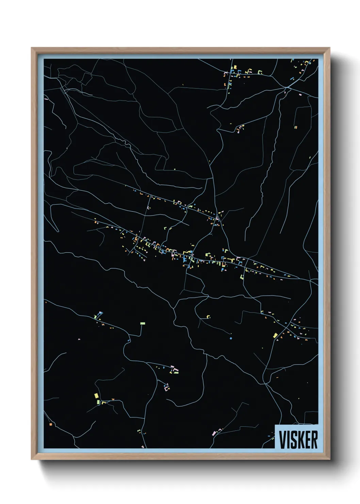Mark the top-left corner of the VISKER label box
coord(275,425)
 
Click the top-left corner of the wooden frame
coord(32,48)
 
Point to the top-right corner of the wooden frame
coord(329,48)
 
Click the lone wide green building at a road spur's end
coord(143,323)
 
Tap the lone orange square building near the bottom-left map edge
coord(50,424)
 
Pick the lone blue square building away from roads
coord(230,338)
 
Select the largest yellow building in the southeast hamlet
coord(275,336)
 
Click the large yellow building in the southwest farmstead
coord(96,396)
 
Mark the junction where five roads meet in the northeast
coord(287,88)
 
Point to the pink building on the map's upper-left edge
coord(46,99)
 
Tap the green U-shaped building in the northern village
coord(260,72)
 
